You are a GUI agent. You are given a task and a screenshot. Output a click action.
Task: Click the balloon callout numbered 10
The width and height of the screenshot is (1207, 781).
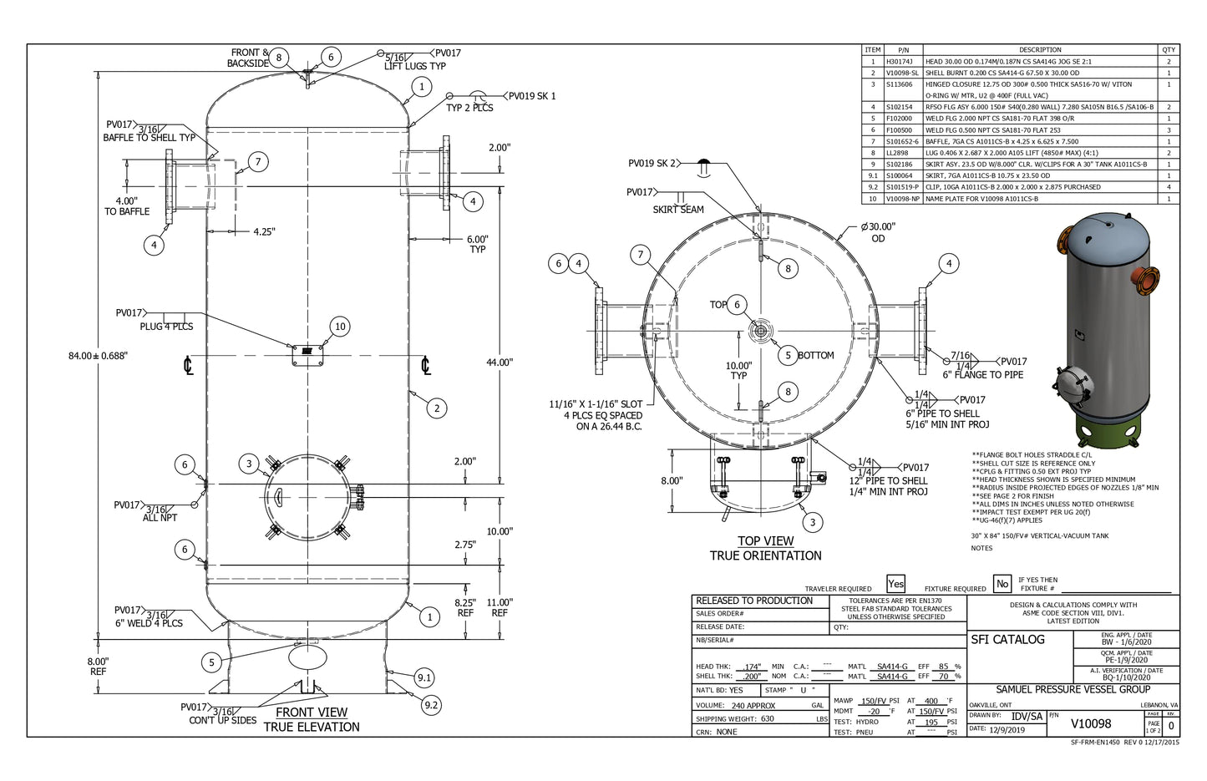[x=339, y=327]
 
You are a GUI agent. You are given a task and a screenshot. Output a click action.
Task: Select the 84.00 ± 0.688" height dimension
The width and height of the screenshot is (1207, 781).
[x=99, y=356]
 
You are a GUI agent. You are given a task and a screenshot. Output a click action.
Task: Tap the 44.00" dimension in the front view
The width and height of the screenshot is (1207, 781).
[x=500, y=362]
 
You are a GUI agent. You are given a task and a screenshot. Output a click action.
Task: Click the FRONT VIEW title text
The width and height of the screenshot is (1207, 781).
[x=312, y=713]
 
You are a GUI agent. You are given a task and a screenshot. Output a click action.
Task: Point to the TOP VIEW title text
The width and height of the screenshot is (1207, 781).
[x=765, y=541]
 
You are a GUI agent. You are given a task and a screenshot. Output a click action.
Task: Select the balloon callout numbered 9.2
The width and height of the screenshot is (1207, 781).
[x=430, y=705]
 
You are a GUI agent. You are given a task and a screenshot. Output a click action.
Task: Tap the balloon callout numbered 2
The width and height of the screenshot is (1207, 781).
[x=436, y=408]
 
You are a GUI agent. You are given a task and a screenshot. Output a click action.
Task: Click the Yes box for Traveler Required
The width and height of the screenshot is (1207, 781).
[x=895, y=584]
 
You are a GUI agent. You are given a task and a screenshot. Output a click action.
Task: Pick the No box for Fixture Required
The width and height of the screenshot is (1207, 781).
[x=1002, y=584]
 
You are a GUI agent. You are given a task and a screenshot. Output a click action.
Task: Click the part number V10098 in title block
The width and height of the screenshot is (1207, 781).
[x=1090, y=723]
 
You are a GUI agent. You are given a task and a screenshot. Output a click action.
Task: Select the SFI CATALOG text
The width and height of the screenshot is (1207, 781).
[x=1007, y=640]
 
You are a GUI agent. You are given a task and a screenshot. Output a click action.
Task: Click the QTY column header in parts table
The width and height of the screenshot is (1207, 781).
[x=1169, y=50]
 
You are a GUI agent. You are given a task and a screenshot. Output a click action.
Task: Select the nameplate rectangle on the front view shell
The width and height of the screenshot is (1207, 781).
[x=306, y=353]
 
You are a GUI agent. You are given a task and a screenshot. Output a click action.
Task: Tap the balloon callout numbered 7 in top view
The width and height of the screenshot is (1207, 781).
[x=641, y=255]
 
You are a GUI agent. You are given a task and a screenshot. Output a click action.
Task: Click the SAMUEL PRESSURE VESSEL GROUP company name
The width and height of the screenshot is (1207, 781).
[x=1073, y=690]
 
